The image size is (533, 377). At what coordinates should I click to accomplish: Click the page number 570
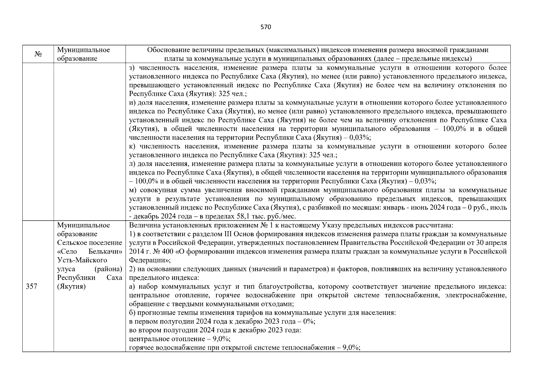[266, 27]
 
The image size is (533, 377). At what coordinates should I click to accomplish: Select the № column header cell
[38, 54]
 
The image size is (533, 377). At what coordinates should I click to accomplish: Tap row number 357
[32, 287]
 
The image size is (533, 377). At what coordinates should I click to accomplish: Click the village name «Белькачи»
[105, 251]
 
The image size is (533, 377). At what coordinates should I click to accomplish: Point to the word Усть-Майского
[82, 260]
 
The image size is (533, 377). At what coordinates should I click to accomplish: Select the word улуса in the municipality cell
[66, 269]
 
